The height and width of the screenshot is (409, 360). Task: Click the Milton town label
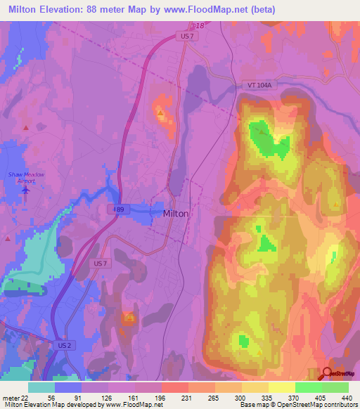click(x=175, y=214)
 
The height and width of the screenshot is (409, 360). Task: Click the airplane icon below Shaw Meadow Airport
click(x=27, y=190)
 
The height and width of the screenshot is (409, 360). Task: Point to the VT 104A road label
click(x=257, y=84)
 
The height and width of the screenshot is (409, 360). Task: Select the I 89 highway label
click(x=120, y=209)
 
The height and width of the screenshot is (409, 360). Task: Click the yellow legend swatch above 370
click(x=282, y=387)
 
